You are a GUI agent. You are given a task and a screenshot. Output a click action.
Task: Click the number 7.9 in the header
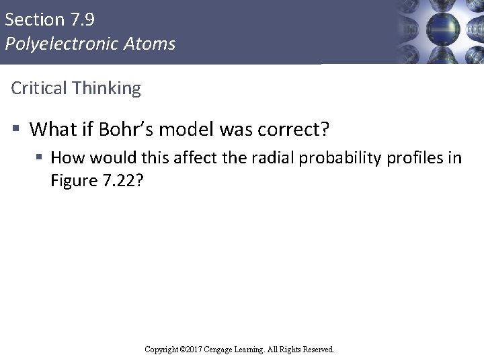point(81,19)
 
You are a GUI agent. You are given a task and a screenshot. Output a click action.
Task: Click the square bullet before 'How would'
point(40,158)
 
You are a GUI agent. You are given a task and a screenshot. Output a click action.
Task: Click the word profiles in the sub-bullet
point(422,158)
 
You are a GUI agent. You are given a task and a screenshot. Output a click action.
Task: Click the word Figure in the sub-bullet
point(74,181)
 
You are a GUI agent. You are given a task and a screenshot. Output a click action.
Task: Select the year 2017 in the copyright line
point(193,350)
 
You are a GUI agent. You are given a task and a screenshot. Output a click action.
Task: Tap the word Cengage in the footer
point(222,350)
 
